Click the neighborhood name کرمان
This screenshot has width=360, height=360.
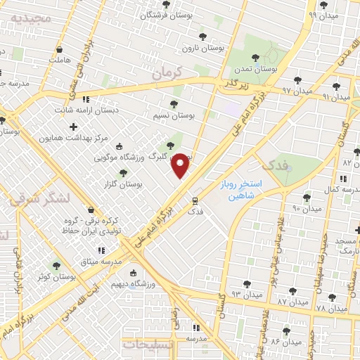point(167,72)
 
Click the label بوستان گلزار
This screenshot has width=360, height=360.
point(121,184)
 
